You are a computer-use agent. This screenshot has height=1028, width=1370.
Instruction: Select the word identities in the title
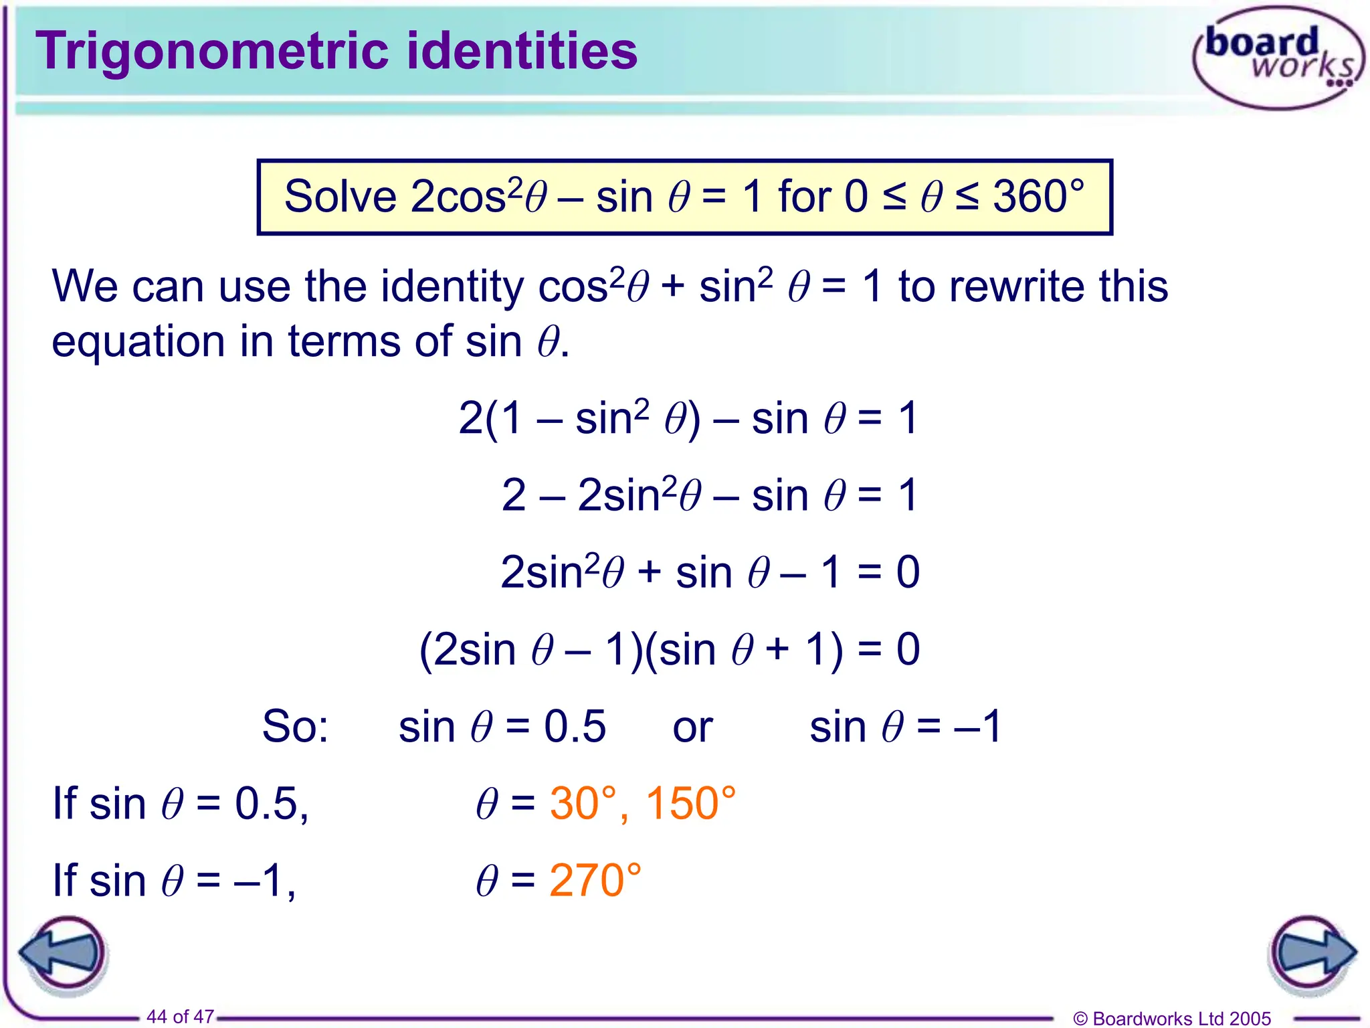(x=522, y=51)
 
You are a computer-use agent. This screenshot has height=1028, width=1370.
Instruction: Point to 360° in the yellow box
(x=1038, y=197)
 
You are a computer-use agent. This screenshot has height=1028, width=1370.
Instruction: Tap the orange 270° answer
(x=595, y=880)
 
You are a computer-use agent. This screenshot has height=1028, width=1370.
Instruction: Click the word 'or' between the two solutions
(x=692, y=727)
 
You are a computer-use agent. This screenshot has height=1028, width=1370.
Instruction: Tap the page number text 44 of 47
(x=180, y=1017)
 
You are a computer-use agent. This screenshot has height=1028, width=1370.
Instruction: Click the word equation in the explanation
(x=138, y=342)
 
